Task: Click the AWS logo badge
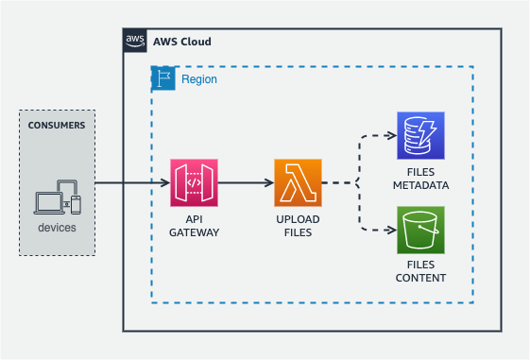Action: click(x=135, y=41)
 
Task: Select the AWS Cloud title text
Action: click(x=182, y=42)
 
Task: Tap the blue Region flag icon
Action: click(x=163, y=78)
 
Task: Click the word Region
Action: click(x=199, y=79)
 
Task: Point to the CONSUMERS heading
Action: click(x=57, y=126)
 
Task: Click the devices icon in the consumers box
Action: click(x=58, y=197)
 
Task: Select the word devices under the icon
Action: click(x=57, y=228)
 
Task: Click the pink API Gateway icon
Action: click(x=194, y=183)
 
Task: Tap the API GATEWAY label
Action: click(x=194, y=226)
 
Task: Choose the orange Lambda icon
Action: click(x=298, y=183)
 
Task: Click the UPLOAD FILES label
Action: click(x=298, y=226)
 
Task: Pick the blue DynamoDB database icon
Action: click(x=420, y=135)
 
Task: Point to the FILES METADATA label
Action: click(x=420, y=179)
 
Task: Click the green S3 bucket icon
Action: click(x=420, y=231)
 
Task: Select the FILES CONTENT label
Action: click(x=420, y=271)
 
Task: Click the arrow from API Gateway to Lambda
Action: click(x=246, y=183)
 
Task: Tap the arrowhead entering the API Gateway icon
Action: click(x=165, y=183)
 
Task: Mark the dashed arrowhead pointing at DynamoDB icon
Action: click(x=392, y=135)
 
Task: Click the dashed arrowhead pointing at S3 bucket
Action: click(x=392, y=231)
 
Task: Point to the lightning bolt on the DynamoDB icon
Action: click(x=427, y=132)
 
